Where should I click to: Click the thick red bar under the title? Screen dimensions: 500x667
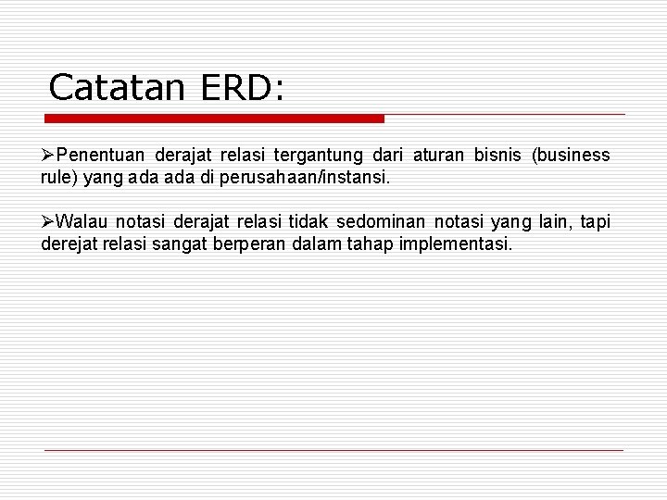pos(215,119)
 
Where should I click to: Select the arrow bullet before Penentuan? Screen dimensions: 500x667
pos(48,155)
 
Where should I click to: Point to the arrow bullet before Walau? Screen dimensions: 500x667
pos(48,221)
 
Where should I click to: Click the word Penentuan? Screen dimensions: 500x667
pos(101,155)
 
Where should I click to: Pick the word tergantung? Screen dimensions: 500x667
pos(321,155)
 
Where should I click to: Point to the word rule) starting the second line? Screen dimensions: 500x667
pos(59,177)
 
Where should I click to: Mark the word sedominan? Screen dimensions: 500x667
pos(381,221)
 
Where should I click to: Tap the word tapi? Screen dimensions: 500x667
pos(595,221)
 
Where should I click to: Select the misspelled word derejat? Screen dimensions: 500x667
pos(69,244)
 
